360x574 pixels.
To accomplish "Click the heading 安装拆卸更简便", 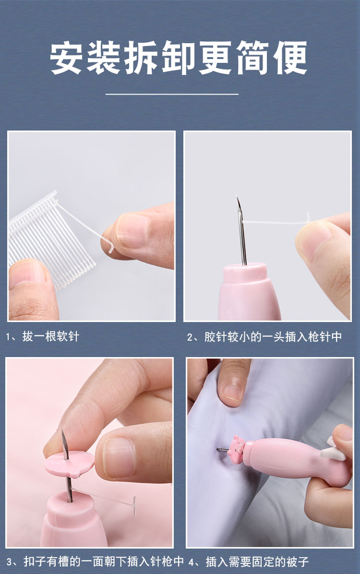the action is [x=179, y=58].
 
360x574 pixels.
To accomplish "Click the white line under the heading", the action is [x=172, y=94].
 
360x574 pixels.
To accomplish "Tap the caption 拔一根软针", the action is [x=50, y=336].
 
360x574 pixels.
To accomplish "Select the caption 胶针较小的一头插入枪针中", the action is [x=273, y=336].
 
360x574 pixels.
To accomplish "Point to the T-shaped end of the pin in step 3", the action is [x=134, y=505].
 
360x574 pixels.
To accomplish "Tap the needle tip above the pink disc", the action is [x=63, y=432].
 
